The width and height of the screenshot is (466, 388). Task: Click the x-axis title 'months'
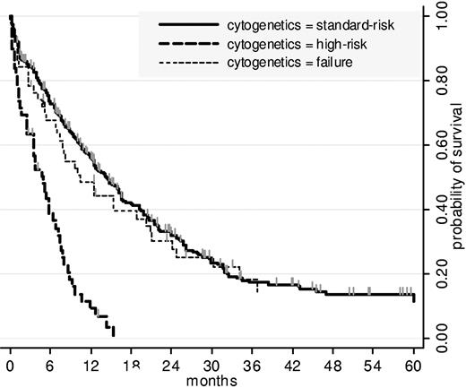[211, 379]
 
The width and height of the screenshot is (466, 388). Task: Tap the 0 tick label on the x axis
[10, 366]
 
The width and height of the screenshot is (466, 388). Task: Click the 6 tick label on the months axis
[50, 366]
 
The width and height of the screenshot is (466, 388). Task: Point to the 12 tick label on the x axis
[91, 366]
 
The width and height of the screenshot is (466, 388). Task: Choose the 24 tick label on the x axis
[171, 366]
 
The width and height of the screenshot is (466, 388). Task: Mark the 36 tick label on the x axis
[252, 366]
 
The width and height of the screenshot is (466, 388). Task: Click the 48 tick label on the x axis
[332, 366]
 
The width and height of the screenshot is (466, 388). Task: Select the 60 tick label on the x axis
[413, 366]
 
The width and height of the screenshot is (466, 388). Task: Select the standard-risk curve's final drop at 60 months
[413, 297]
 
